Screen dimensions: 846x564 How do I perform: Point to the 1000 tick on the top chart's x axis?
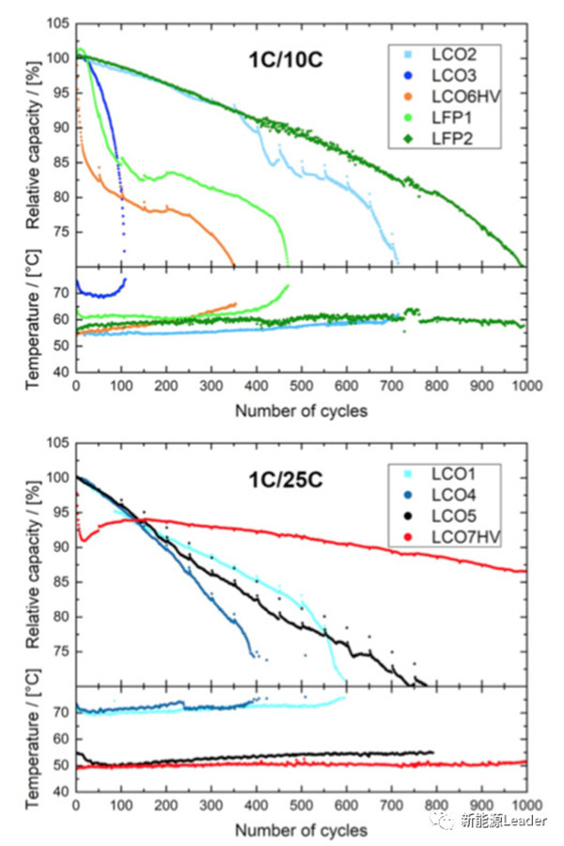[x=523, y=386]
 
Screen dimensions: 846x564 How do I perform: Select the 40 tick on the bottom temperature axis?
[x=60, y=792]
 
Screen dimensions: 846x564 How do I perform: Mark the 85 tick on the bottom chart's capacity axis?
[x=60, y=582]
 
